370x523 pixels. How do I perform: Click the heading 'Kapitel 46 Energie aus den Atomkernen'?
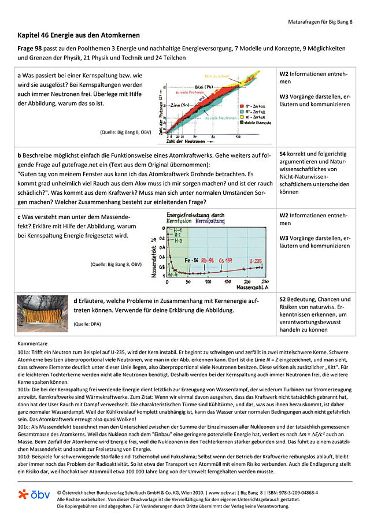tap(78, 36)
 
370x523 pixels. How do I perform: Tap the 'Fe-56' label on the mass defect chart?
tap(192, 261)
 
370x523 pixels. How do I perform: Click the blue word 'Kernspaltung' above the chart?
tap(209, 221)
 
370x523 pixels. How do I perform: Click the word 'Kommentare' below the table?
tap(32, 343)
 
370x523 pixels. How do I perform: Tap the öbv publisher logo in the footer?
tap(34, 495)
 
